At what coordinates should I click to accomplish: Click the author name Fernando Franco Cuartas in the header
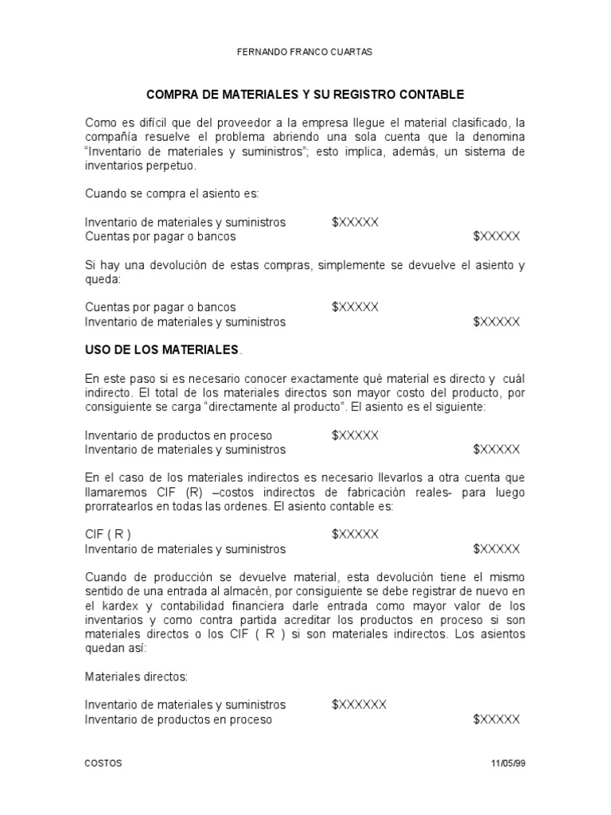[x=305, y=52]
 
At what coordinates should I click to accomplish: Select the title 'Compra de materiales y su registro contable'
[x=305, y=95]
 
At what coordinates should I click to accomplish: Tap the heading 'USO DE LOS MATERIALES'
[x=162, y=349]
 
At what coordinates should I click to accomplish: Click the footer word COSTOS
[x=103, y=762]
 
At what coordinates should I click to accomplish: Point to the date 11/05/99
[x=508, y=762]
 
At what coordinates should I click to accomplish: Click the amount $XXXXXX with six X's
[x=360, y=704]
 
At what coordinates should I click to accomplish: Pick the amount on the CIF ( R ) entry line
[x=356, y=534]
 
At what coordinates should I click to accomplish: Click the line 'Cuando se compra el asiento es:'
[x=171, y=193]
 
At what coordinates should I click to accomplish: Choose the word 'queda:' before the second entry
[x=101, y=279]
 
